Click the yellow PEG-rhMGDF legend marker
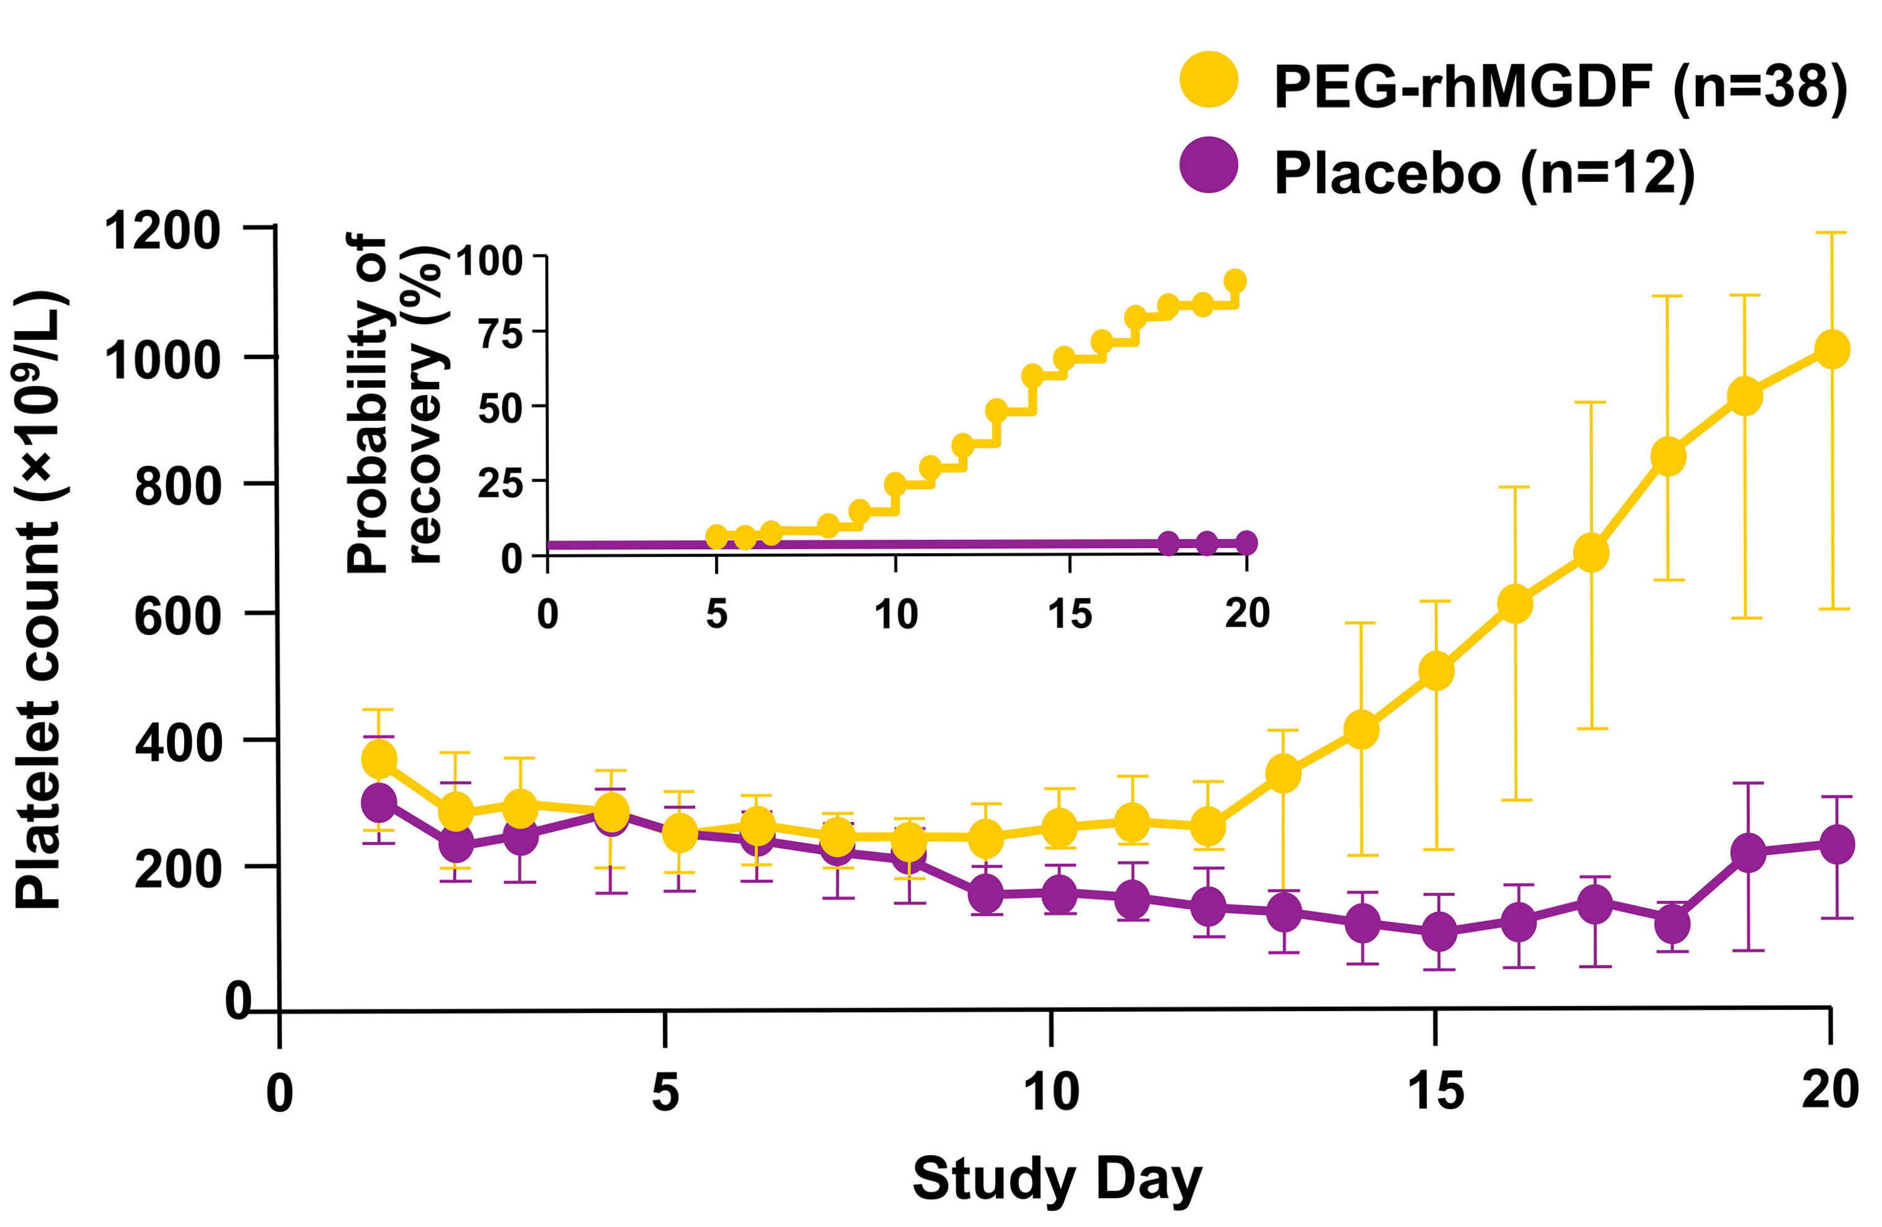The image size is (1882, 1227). pos(1209,79)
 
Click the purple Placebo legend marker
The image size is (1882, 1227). pos(1209,164)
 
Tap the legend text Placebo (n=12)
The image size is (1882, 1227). pos(1485,172)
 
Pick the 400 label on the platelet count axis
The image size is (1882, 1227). pos(178,743)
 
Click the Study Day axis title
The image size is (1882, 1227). pos(1057,1179)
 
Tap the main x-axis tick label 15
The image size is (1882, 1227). pos(1436,1091)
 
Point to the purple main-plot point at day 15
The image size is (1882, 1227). pos(1439,931)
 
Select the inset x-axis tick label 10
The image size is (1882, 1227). pos(896,614)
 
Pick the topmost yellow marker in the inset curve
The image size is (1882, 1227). pos(1235,281)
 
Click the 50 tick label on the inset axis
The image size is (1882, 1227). pos(500,409)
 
